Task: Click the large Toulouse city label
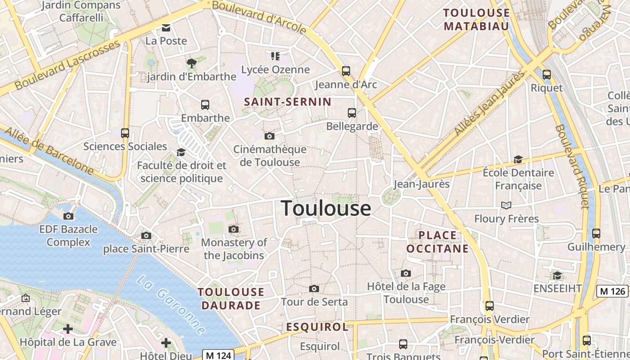tap(326, 208)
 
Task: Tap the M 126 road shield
tap(612, 291)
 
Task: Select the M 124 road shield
tap(218, 355)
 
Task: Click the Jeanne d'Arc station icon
tap(346, 71)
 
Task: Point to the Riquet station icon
tap(547, 75)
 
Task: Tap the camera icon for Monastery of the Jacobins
tap(233, 229)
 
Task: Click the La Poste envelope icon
tap(166, 28)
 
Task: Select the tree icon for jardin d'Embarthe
tap(192, 63)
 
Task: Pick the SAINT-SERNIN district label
tap(288, 102)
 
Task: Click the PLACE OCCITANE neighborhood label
tap(437, 242)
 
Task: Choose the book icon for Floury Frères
tap(506, 205)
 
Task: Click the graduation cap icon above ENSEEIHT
tap(557, 275)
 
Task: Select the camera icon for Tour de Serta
tap(314, 288)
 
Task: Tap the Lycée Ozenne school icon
tap(275, 56)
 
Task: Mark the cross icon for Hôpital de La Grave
tap(68, 329)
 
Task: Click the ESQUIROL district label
tap(317, 327)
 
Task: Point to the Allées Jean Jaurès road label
tap(489, 103)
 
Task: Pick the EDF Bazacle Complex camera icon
tap(68, 216)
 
